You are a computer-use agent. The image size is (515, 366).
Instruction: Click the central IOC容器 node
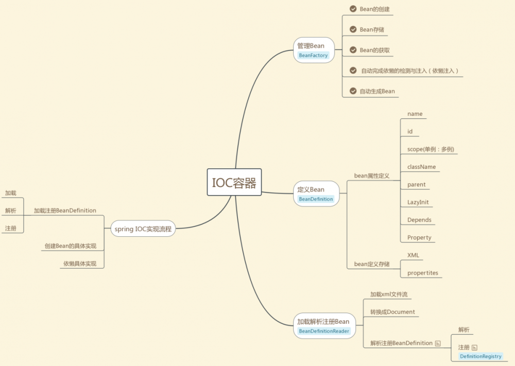[234, 182]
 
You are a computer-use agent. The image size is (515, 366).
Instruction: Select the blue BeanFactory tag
[313, 55]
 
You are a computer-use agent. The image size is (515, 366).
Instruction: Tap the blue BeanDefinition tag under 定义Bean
[316, 199]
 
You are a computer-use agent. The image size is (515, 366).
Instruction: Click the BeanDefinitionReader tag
[324, 331]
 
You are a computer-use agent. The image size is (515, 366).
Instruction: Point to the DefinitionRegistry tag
[480, 356]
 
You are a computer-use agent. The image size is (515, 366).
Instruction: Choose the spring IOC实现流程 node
[143, 229]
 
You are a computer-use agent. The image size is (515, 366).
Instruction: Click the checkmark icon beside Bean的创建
[353, 9]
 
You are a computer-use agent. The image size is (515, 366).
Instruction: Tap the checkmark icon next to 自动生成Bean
[353, 91]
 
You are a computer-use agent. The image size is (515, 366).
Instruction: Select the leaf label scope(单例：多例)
[431, 149]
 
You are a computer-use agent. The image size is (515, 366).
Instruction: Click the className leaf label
[421, 167]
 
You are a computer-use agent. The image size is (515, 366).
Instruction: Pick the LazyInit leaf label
[418, 202]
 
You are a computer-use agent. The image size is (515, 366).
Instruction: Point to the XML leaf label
[413, 255]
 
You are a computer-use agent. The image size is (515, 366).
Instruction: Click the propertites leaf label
[422, 273]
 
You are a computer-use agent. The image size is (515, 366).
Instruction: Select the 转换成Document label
[392, 312]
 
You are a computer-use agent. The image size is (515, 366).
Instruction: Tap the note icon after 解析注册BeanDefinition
[438, 343]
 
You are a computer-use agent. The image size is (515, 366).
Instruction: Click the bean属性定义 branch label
[371, 176]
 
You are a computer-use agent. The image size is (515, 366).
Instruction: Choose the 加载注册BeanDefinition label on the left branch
[65, 211]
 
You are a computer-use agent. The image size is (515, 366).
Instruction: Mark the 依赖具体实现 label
[79, 264]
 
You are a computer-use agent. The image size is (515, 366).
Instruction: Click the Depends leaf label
[419, 220]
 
